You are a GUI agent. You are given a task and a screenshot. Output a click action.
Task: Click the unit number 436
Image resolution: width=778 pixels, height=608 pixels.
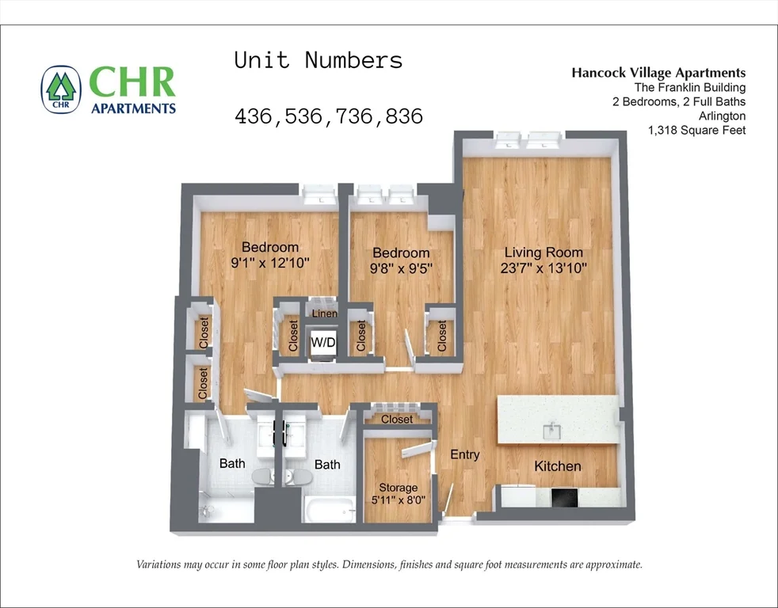tap(254, 116)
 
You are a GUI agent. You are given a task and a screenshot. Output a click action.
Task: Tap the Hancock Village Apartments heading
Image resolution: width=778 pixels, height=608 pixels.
tap(658, 73)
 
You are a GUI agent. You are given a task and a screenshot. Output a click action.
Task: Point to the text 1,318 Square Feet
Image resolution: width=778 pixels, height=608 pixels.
tap(696, 131)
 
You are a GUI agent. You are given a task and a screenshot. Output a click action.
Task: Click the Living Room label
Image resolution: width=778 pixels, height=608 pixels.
tap(543, 253)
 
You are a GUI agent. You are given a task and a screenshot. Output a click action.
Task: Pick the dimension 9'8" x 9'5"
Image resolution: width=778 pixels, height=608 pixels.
tap(401, 268)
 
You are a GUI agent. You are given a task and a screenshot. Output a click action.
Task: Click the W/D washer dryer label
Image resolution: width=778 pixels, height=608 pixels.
tap(322, 343)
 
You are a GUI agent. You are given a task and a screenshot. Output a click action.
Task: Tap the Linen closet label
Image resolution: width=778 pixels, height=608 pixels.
tap(324, 314)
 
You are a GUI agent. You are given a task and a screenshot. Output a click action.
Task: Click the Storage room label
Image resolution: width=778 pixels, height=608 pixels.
tap(398, 488)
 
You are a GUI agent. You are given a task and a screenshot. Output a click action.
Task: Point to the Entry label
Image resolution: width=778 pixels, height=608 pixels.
tap(464, 454)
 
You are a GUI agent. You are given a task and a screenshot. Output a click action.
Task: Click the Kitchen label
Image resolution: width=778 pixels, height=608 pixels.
tap(557, 466)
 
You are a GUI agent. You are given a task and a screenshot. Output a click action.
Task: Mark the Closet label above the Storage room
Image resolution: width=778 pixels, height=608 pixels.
tap(397, 419)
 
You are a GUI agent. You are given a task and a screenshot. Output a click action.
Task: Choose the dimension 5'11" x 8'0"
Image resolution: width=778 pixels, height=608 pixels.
tap(398, 501)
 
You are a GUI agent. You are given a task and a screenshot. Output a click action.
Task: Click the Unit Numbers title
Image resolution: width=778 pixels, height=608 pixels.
tap(318, 61)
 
